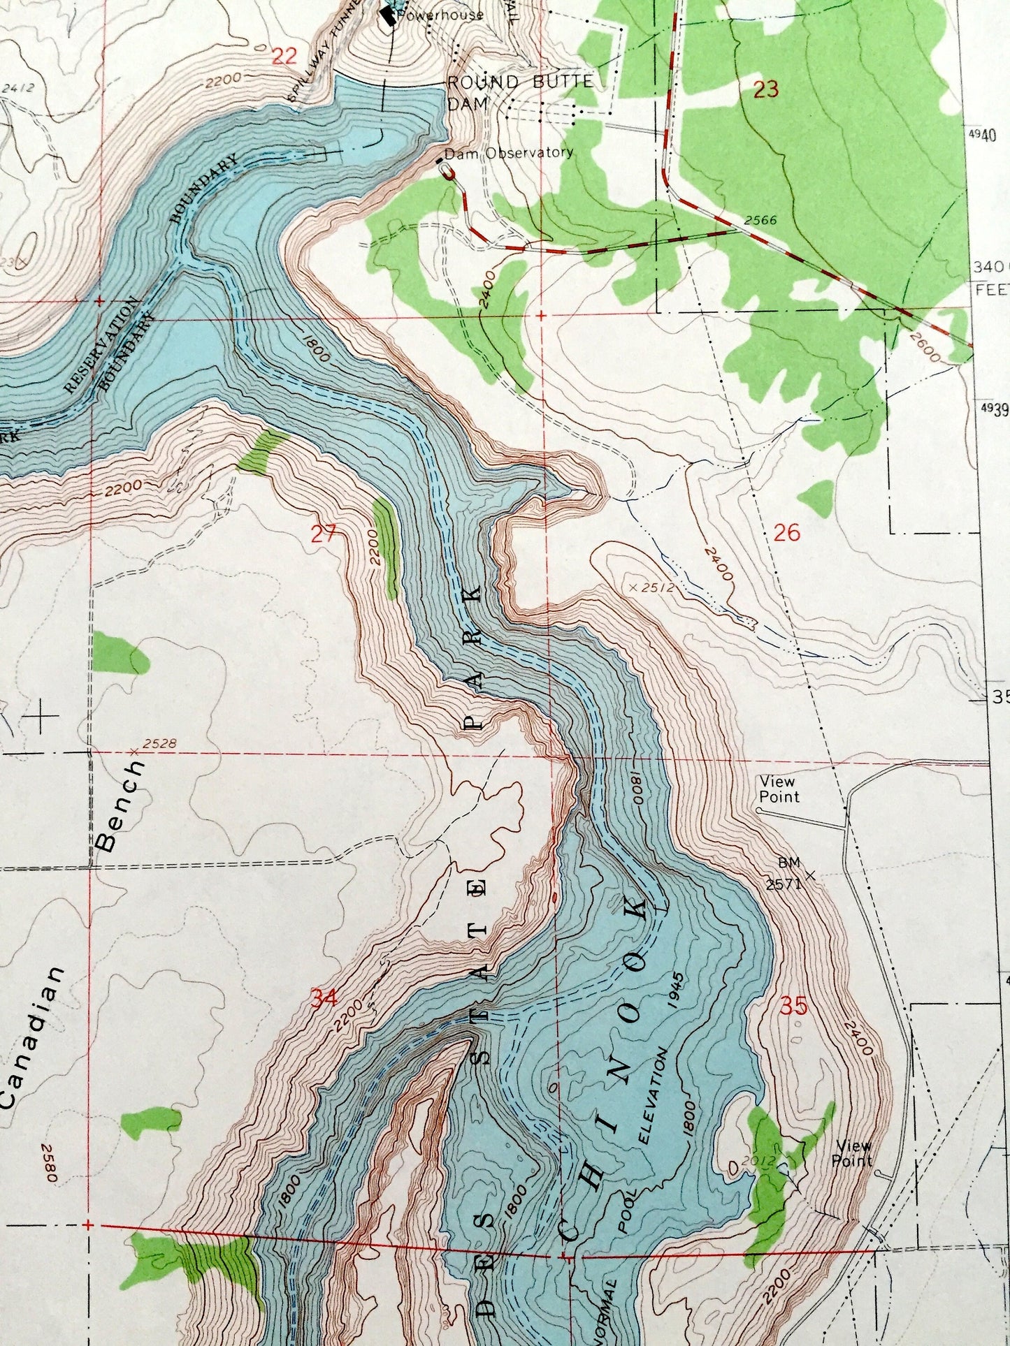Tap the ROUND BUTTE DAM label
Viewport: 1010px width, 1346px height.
point(520,91)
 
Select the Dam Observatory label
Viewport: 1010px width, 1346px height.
point(509,152)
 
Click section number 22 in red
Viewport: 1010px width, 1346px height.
point(284,56)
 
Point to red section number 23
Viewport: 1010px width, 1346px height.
point(766,89)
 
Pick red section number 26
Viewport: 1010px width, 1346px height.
point(786,534)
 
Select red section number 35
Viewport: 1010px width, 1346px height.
point(794,1007)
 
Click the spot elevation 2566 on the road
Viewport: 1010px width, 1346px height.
point(760,221)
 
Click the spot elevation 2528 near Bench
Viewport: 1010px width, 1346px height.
point(157,745)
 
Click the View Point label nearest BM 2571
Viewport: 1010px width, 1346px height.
point(778,789)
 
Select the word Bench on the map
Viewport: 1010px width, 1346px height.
point(123,805)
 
